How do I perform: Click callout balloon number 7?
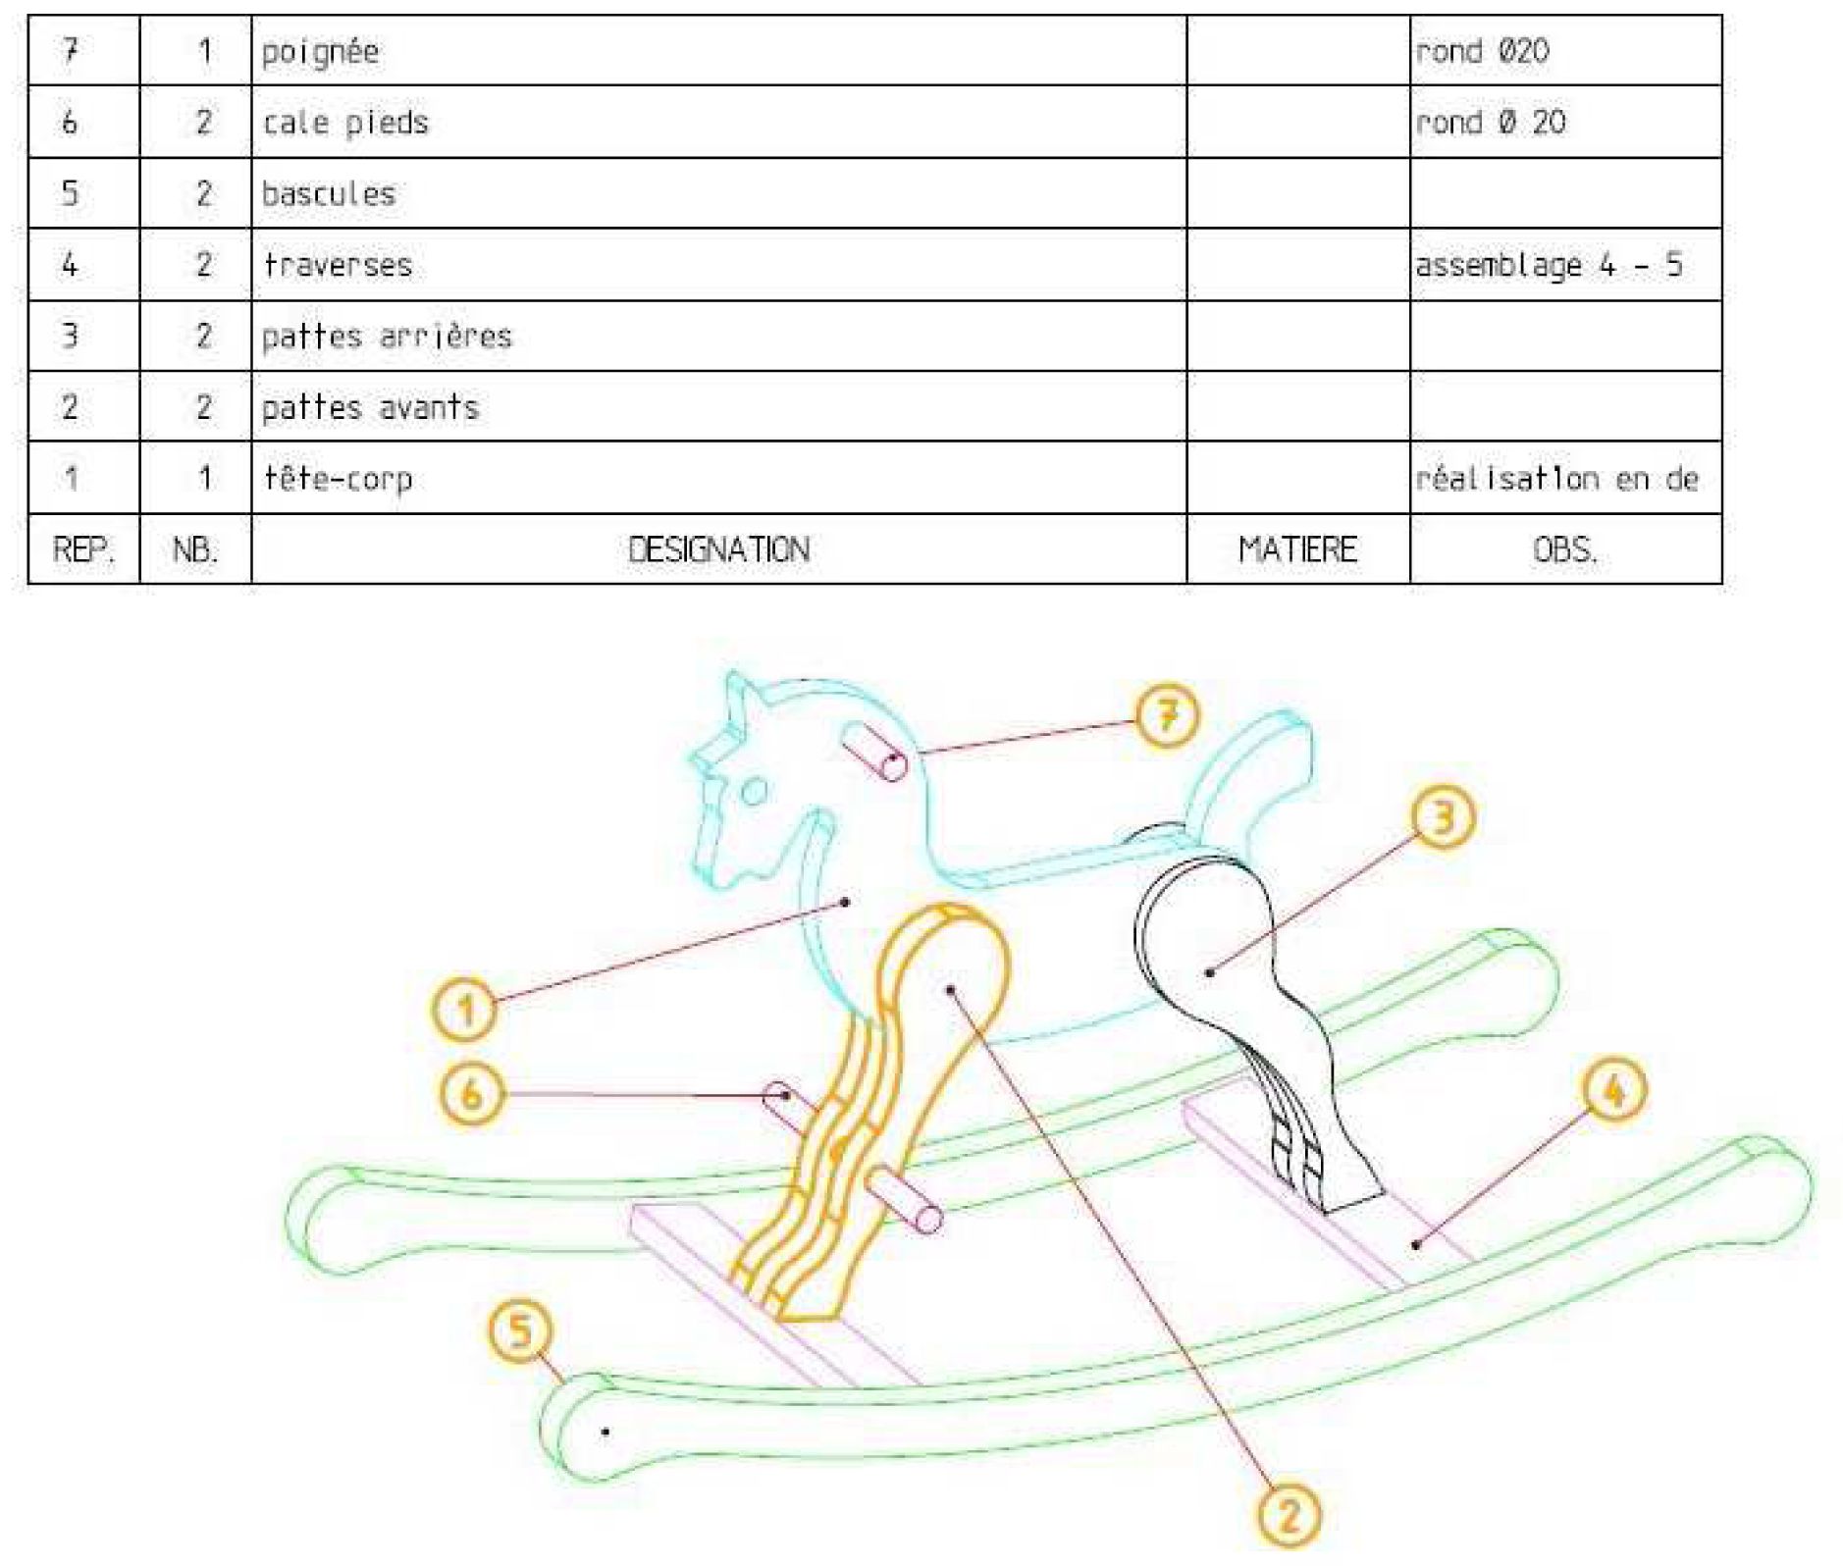[1167, 716]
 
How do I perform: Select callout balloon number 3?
[1443, 817]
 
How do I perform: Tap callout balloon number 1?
[465, 1010]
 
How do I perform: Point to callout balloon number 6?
[472, 1094]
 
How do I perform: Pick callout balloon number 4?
[1614, 1090]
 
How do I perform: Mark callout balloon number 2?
[1289, 1515]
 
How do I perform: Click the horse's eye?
[754, 791]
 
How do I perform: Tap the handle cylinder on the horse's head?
[873, 752]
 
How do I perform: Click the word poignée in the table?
[320, 52]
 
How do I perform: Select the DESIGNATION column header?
[719, 549]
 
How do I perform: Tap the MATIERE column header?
[1297, 549]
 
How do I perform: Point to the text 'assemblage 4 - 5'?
[1549, 265]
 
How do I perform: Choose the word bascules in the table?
[329, 193]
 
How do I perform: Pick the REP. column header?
[83, 549]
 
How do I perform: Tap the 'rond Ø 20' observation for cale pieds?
[1491, 123]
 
